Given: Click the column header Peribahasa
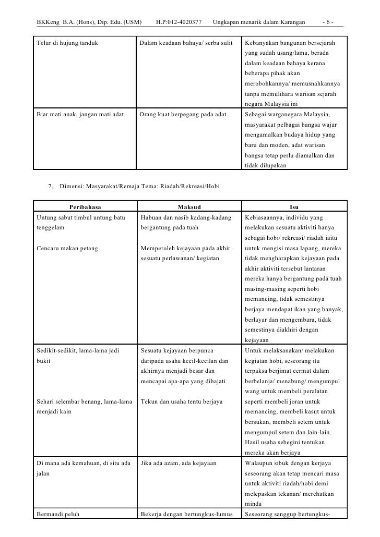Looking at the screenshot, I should tap(85, 207).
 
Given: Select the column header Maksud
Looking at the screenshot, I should tap(189, 207).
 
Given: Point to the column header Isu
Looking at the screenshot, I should tap(294, 207).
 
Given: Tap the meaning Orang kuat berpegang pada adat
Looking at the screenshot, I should tap(184, 114).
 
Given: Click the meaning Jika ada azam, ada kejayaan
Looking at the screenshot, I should tap(179, 463).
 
